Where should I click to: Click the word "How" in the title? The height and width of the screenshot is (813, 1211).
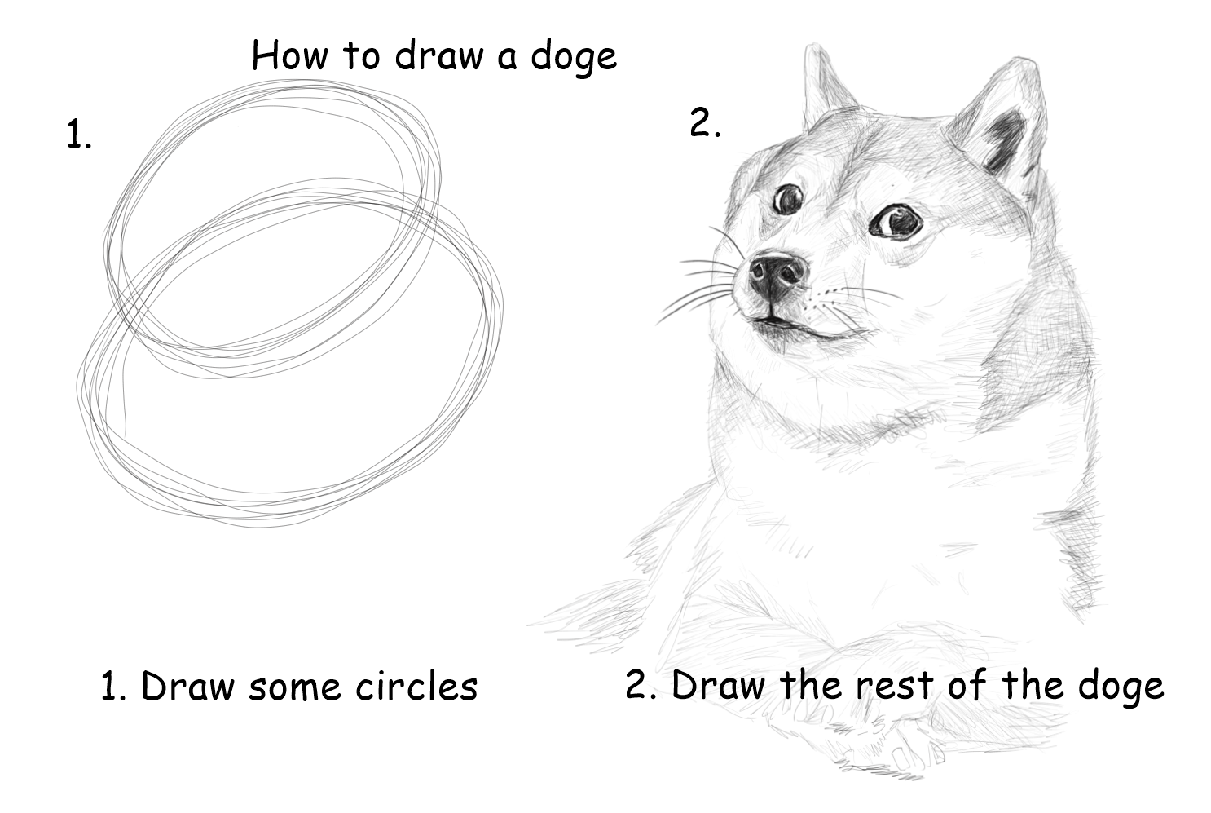288,55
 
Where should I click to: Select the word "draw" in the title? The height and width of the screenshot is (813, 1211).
438,55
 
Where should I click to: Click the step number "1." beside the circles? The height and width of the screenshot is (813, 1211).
79,135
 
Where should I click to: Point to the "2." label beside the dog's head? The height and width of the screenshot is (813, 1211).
705,122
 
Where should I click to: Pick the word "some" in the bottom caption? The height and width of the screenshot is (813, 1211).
295,689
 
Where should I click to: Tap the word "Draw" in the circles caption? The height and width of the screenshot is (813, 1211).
188,686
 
